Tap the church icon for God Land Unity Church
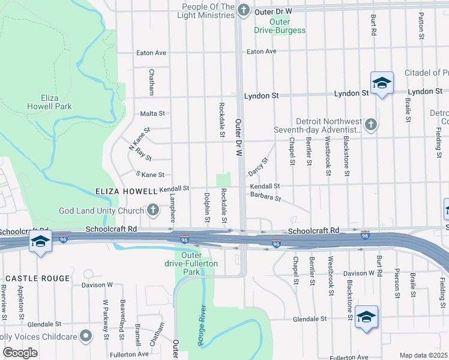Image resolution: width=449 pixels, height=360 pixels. pyautogui.click(x=153, y=210)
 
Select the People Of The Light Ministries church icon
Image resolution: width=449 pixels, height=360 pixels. pyautogui.click(x=243, y=10)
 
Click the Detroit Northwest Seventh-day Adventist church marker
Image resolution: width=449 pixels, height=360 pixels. pyautogui.click(x=371, y=125)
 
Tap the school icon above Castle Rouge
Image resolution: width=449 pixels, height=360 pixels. pyautogui.click(x=40, y=241)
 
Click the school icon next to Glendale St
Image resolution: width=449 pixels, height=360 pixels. pyautogui.click(x=366, y=316)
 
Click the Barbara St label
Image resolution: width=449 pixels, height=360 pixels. pyautogui.click(x=265, y=196)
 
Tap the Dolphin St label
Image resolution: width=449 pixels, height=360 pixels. pyautogui.click(x=206, y=208)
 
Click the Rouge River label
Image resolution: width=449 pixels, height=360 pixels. pyautogui.click(x=202, y=326)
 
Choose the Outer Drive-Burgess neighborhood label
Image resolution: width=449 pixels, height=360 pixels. pyautogui.click(x=280, y=26)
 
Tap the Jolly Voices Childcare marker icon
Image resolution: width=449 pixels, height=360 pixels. pyautogui.click(x=85, y=336)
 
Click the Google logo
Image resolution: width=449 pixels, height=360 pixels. pyautogui.click(x=20, y=352)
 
